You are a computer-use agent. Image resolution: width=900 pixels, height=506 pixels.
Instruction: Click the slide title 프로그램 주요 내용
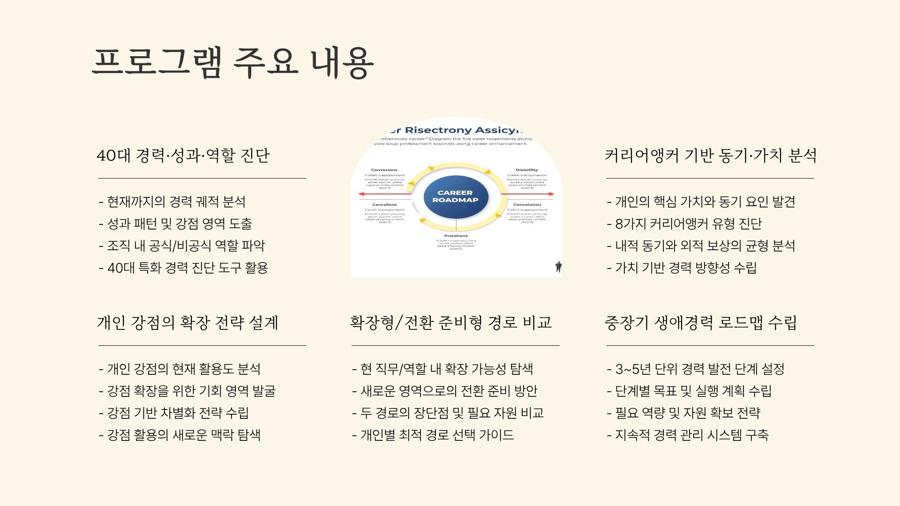(233, 63)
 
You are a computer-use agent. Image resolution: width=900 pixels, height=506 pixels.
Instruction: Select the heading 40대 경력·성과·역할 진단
(183, 156)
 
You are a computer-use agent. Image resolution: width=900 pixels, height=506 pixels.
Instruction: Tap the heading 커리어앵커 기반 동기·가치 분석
(711, 156)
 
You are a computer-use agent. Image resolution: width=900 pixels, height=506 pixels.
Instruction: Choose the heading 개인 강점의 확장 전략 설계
(187, 323)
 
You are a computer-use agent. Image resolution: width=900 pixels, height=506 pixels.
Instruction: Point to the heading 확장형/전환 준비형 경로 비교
(451, 323)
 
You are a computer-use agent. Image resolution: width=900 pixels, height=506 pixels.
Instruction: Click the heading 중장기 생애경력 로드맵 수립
(701, 323)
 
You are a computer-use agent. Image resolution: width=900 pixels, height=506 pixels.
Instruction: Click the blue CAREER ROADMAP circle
(455, 197)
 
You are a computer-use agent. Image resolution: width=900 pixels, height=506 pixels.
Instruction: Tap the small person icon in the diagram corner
(558, 267)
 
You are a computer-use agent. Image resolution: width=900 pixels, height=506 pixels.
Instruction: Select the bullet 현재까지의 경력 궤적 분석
(172, 202)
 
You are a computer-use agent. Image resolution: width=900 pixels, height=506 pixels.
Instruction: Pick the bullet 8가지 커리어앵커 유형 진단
(685, 224)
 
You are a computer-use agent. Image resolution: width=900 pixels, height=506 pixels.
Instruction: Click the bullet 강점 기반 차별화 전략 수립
(174, 413)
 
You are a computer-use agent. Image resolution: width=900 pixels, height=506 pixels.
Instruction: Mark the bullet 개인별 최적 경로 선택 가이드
(433, 435)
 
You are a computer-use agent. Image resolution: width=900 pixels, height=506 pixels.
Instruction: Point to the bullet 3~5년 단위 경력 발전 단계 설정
(696, 369)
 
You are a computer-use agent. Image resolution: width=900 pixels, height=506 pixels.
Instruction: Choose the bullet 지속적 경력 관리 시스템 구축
(688, 435)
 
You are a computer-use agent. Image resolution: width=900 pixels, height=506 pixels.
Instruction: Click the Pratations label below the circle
(456, 236)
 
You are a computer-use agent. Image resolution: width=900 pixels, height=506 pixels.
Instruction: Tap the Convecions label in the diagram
(384, 170)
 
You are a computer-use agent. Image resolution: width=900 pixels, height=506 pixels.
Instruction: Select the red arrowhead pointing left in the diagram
(361, 194)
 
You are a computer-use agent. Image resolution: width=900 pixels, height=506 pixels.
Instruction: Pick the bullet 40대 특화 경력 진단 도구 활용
(184, 268)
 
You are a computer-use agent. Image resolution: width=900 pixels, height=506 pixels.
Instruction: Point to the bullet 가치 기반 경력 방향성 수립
(682, 268)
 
